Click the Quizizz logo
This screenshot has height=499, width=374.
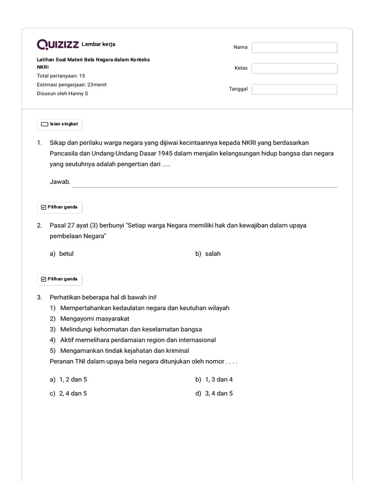pos(57,45)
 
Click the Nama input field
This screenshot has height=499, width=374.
pos(294,47)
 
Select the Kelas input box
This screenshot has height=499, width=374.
pos(294,68)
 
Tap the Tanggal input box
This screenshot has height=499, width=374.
pos(294,89)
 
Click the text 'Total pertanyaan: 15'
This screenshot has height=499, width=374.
pos(61,76)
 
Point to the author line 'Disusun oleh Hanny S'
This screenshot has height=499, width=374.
pos(62,93)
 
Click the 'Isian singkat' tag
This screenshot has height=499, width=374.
pos(60,124)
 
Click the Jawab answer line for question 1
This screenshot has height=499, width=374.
pos(205,183)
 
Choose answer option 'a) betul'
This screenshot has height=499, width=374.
pos(62,254)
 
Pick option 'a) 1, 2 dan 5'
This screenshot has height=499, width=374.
pos(68,380)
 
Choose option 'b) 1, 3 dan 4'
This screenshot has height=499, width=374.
pos(214,380)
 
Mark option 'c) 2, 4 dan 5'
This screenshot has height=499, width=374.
pos(68,394)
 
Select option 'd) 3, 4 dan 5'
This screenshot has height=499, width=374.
pos(214,394)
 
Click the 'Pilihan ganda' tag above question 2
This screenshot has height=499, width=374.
pos(60,207)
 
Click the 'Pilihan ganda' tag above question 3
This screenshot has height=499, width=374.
pos(60,279)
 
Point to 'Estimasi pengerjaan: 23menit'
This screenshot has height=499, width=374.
pos(72,85)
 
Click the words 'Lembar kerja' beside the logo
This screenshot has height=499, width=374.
pos(98,45)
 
